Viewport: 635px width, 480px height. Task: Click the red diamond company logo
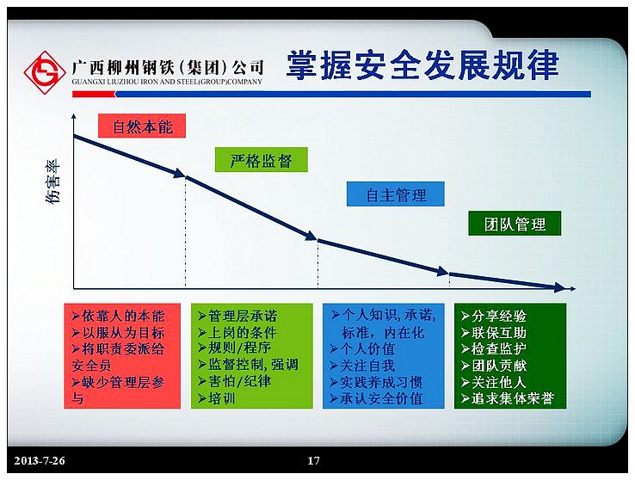coord(45,72)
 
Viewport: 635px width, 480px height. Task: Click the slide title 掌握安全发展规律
coord(422,65)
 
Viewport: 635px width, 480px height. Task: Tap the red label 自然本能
coord(142,126)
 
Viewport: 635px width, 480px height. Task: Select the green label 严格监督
coord(262,160)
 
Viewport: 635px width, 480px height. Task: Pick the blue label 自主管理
coord(396,194)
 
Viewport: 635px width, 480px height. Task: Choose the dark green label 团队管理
coord(515,224)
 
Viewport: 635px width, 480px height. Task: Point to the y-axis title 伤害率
coord(52,181)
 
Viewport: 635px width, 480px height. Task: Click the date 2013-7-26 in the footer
coord(40,460)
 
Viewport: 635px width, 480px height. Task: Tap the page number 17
coord(313,460)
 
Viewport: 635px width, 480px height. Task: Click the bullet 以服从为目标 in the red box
coord(118,333)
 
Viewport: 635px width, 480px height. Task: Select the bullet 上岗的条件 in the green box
coord(237,333)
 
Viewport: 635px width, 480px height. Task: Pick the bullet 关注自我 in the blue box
coord(362,366)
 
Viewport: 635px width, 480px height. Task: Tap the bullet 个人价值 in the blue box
coord(362,349)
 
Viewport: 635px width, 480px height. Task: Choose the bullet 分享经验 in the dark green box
coord(494,316)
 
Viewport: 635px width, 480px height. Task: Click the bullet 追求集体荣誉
coord(508,398)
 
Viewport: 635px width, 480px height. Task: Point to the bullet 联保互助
coord(494,333)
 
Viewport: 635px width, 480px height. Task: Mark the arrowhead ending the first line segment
coord(180,174)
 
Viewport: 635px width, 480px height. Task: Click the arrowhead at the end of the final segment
coord(559,287)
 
